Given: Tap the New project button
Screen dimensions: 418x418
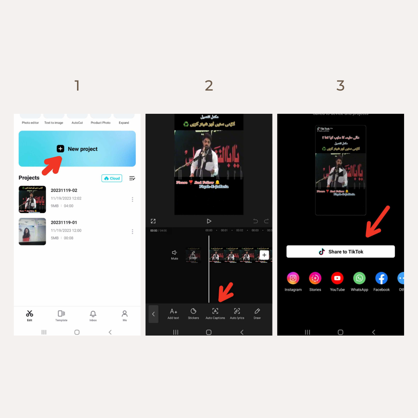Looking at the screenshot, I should click(77, 149).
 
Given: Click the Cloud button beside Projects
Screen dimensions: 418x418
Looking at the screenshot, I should click(112, 178).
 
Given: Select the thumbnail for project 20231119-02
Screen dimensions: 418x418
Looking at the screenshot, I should click(33, 199).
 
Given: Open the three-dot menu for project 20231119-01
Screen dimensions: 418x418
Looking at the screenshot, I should click(132, 231).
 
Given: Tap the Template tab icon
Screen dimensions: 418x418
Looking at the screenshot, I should click(61, 314).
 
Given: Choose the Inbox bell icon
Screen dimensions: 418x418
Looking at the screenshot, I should click(93, 314).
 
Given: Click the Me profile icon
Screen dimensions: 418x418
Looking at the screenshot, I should click(125, 313).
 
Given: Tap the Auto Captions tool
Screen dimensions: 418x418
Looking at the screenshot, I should click(215, 312).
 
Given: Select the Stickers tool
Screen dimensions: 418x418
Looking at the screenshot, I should click(194, 312).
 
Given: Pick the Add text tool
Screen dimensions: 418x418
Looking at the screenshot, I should click(173, 312).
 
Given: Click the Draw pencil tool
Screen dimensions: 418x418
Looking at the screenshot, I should click(257, 312).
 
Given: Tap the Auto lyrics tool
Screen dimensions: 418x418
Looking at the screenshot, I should click(237, 312).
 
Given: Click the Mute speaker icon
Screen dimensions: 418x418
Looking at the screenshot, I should click(175, 253).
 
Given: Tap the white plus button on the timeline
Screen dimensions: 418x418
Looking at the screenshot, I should click(264, 255).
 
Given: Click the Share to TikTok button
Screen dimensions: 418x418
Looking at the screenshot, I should click(341, 252).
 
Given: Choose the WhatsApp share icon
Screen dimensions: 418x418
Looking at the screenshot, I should click(359, 278).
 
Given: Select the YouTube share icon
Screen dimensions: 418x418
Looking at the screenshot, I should click(337, 278).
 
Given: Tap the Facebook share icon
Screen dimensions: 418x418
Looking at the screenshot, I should click(381, 278).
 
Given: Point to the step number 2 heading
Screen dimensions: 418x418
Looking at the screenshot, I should click(209, 86).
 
